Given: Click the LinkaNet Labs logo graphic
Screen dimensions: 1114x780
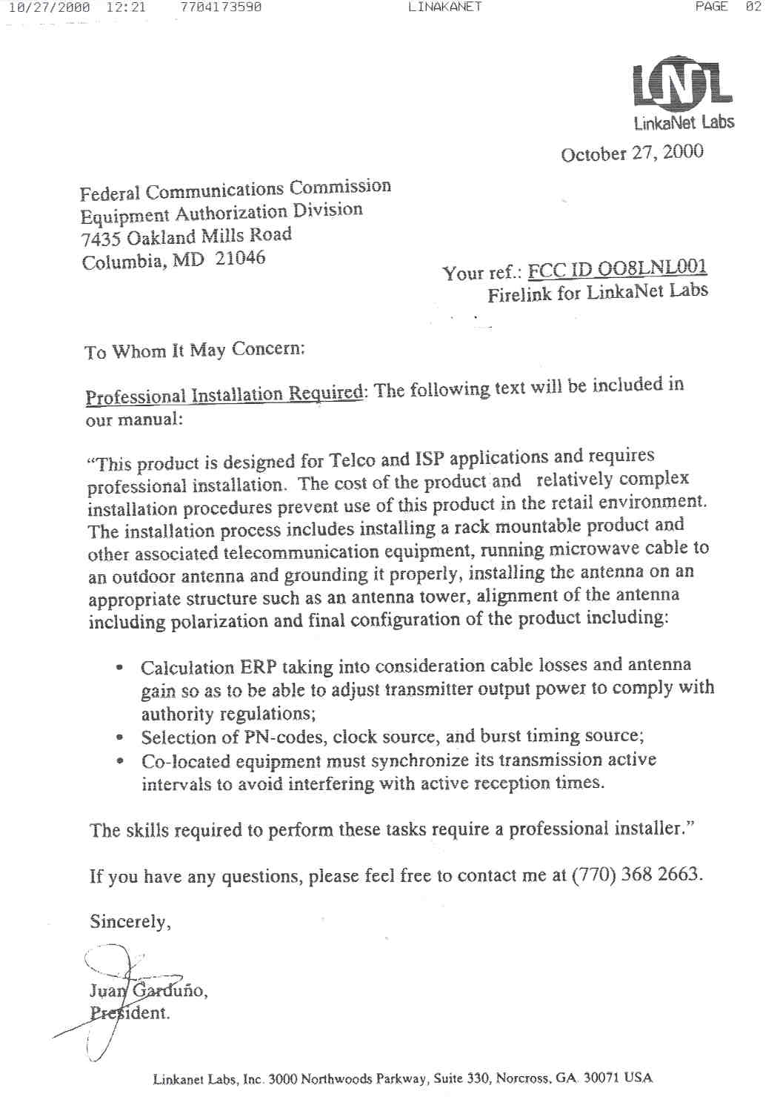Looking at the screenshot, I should click(x=682, y=82).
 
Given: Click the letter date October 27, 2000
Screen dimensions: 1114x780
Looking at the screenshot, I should click(x=632, y=153).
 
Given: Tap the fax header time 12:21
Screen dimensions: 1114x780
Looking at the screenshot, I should click(x=126, y=7).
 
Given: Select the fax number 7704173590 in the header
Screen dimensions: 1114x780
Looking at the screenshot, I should click(x=221, y=7).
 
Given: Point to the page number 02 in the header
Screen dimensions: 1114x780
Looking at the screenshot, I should click(x=753, y=7).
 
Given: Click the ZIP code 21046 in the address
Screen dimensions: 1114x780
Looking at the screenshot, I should click(x=240, y=258).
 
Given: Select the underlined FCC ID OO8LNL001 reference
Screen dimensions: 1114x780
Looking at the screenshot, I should click(x=617, y=268).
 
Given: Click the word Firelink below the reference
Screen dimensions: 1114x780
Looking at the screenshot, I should click(x=519, y=294).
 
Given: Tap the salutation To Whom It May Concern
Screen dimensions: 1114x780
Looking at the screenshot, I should click(x=194, y=350).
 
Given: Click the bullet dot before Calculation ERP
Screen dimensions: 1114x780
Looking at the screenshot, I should click(x=119, y=667).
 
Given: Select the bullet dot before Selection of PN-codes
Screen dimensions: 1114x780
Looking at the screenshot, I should click(x=119, y=737).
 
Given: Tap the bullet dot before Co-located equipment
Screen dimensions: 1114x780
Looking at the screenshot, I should click(x=119, y=761).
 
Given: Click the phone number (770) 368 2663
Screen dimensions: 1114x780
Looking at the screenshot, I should click(x=636, y=875).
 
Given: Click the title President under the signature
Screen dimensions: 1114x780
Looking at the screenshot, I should click(x=130, y=1012).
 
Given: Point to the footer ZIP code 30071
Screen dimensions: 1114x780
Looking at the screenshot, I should click(x=600, y=1078).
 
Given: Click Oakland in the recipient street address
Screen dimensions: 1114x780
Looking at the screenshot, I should click(x=161, y=237).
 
